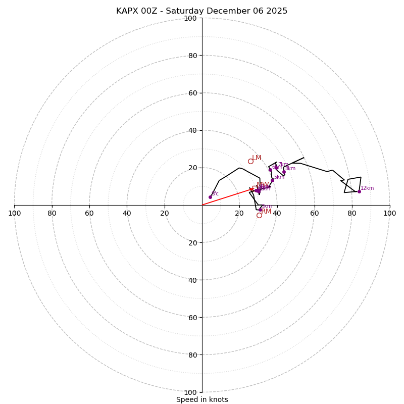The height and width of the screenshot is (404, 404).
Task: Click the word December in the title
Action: [228, 11]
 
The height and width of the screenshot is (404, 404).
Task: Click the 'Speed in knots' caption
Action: [202, 400]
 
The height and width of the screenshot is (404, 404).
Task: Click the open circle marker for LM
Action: [250, 161]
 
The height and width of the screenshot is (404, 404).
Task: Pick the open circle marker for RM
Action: [259, 215]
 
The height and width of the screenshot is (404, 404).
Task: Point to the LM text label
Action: [257, 158]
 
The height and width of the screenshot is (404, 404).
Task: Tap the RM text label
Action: [267, 212]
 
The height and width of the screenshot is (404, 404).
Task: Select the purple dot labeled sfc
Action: [210, 197]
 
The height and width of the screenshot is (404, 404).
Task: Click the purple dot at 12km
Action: [359, 191]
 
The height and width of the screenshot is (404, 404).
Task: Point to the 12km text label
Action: [367, 188]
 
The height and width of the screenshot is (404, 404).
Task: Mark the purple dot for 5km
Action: [272, 180]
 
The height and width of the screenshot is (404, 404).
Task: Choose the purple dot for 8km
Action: [284, 172]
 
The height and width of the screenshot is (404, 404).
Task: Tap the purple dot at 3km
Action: [260, 210]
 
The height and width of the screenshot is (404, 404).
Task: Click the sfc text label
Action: [215, 194]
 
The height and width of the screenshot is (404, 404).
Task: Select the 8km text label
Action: [290, 169]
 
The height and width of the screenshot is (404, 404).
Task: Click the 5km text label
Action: [279, 177]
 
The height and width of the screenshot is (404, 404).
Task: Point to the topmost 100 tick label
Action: [190, 18]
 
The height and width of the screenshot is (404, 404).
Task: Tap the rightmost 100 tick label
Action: [390, 213]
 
